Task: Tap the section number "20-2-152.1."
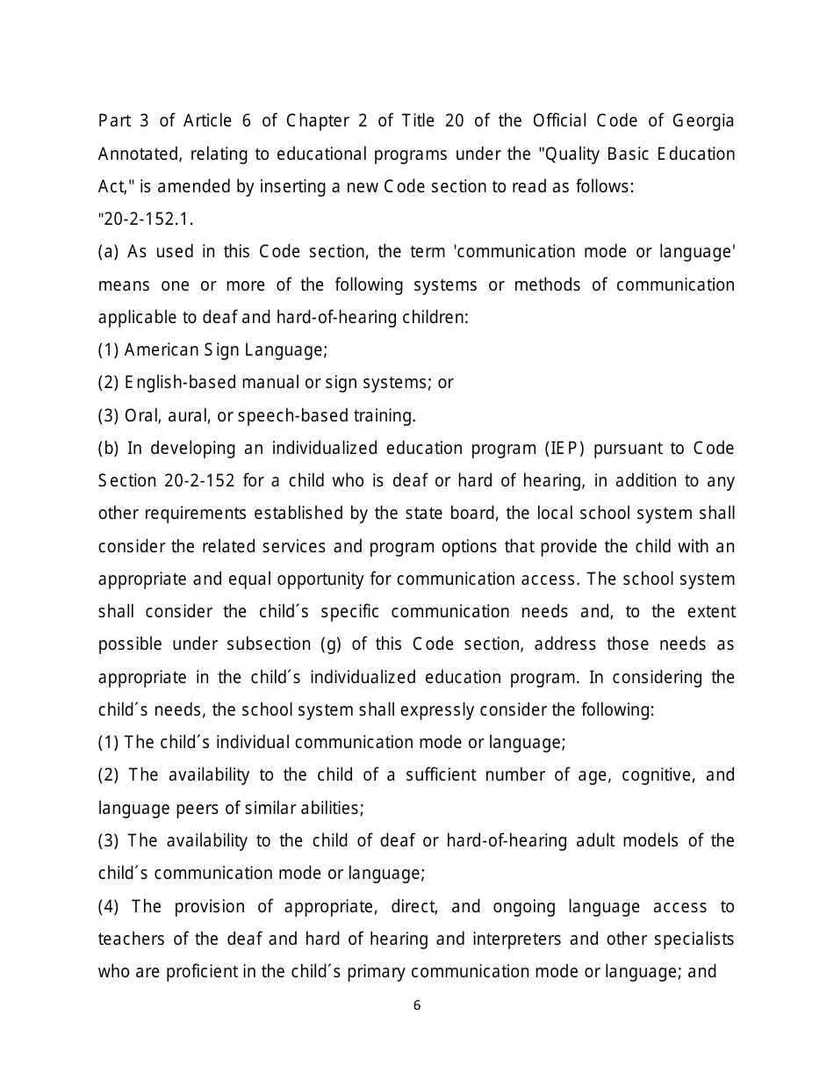145,220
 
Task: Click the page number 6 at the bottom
417,1006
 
